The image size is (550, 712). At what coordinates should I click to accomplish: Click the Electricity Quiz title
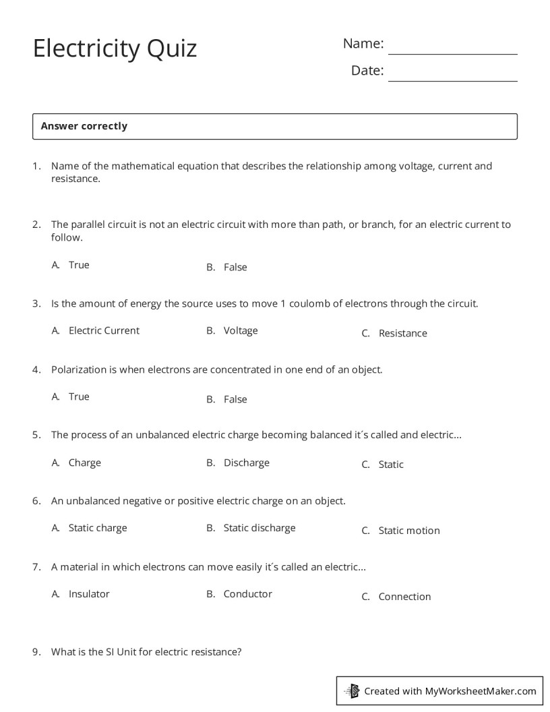pos(115,49)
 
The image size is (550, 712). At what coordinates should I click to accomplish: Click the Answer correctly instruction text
pos(84,126)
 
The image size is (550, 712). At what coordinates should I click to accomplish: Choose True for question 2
pos(79,265)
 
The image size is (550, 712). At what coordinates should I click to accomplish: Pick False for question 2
pos(235,268)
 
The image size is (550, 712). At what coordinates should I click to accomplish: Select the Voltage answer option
pos(241,330)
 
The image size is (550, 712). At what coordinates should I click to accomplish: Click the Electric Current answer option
pos(104,330)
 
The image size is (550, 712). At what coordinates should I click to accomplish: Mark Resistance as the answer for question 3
pos(402,333)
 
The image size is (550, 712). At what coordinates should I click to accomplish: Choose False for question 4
pos(235,399)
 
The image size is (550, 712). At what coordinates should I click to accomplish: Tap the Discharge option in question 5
pos(246,463)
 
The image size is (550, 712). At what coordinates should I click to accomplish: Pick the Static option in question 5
pos(391,465)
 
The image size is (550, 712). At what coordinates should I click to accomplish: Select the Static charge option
pos(98,528)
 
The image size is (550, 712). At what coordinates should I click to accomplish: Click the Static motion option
pos(408,531)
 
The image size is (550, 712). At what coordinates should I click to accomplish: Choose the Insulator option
pos(89,594)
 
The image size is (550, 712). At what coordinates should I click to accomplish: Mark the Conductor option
pos(247,594)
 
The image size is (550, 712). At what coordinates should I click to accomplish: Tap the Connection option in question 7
pos(404,597)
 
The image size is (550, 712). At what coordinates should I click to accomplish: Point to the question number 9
pos(36,652)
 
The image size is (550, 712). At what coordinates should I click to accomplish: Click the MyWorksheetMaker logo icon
pos(352,690)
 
